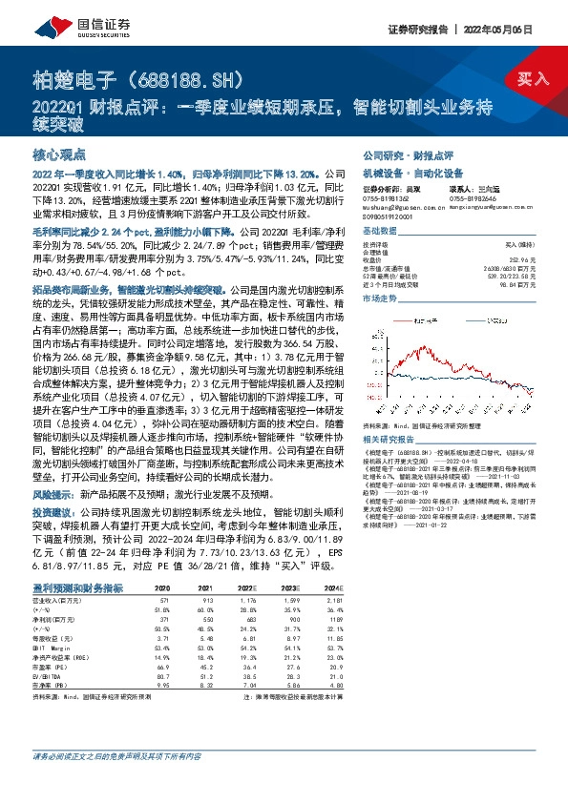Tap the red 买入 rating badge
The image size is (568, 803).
(532, 78)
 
